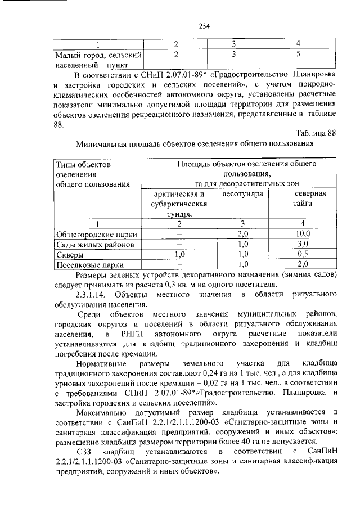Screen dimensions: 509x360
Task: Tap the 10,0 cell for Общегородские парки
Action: pyautogui.click(x=302, y=233)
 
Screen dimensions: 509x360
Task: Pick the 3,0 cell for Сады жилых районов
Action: pyautogui.click(x=302, y=244)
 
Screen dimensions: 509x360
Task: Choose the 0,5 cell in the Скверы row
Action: pyautogui.click(x=302, y=254)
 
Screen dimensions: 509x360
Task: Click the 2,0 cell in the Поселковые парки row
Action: pyautogui.click(x=302, y=264)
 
